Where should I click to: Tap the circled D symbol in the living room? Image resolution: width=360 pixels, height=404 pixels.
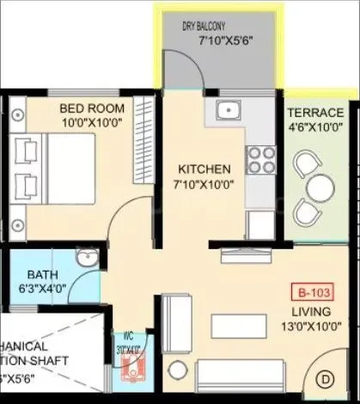pyautogui.click(x=326, y=376)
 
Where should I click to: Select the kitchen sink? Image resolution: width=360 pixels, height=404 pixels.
pyautogui.click(x=227, y=109)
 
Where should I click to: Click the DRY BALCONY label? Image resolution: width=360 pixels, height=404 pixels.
pyautogui.click(x=204, y=27)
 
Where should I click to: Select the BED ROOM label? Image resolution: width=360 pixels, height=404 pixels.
pyautogui.click(x=92, y=108)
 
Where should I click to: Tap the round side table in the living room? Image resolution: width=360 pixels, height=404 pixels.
pyautogui.click(x=177, y=370)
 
